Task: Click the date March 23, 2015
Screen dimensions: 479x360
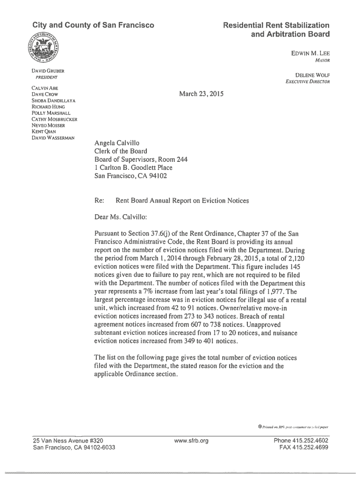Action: click(x=202, y=94)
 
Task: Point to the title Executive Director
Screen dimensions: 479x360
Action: click(x=308, y=82)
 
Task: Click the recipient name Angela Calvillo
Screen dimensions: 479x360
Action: click(x=117, y=143)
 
